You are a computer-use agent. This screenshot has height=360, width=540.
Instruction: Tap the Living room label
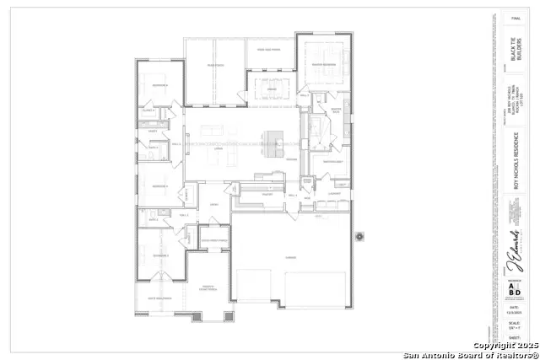click(x=218, y=148)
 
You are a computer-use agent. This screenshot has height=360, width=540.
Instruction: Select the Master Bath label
click(x=335, y=110)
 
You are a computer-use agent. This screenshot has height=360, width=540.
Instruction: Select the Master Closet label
click(x=330, y=161)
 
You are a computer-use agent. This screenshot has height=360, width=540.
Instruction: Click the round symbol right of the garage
click(x=359, y=237)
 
